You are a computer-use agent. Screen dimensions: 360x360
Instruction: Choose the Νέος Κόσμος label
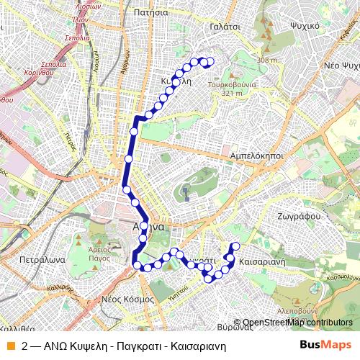click(x=127, y=297)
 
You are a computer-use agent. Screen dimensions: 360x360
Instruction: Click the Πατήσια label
click(x=150, y=12)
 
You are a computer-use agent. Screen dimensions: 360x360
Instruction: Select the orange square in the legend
click(x=10, y=345)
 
